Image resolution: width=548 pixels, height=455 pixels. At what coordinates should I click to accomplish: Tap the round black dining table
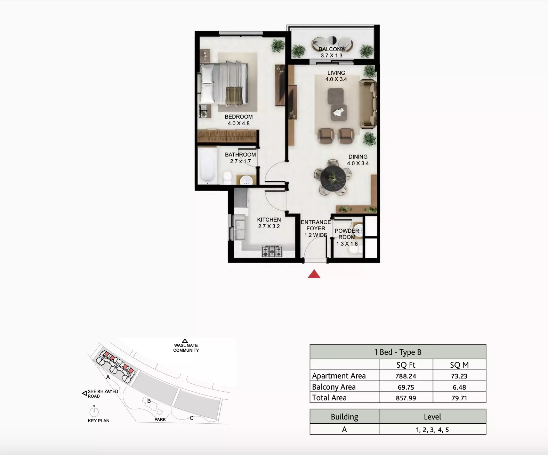[333, 178]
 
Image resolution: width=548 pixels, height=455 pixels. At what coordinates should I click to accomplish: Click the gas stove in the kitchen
[272, 251]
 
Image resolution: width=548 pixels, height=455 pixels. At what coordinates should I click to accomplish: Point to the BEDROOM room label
[239, 117]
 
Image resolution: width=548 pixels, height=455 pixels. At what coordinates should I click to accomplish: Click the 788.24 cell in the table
[406, 376]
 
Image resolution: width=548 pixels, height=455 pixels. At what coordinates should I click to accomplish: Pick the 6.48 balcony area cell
[459, 387]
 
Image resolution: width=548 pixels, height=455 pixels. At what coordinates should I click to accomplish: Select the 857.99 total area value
[406, 398]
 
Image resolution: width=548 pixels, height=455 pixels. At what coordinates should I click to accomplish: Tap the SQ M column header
[459, 365]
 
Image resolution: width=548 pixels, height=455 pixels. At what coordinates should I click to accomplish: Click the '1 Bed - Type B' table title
[398, 352]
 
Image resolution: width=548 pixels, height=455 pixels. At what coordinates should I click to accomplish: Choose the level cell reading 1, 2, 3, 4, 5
[432, 430]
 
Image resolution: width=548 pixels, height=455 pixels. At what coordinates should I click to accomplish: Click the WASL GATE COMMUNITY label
[186, 348]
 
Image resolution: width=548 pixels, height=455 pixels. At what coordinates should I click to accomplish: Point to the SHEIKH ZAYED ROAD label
[103, 393]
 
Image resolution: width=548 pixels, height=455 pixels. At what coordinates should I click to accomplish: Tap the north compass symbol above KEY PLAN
[94, 412]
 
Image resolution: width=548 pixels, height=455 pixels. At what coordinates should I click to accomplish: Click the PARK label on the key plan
[160, 419]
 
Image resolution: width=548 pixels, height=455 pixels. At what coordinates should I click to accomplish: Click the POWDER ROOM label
[347, 234]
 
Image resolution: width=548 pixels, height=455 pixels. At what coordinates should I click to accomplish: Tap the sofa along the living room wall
[368, 104]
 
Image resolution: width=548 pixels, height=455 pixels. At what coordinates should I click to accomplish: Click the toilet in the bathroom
[227, 177]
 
